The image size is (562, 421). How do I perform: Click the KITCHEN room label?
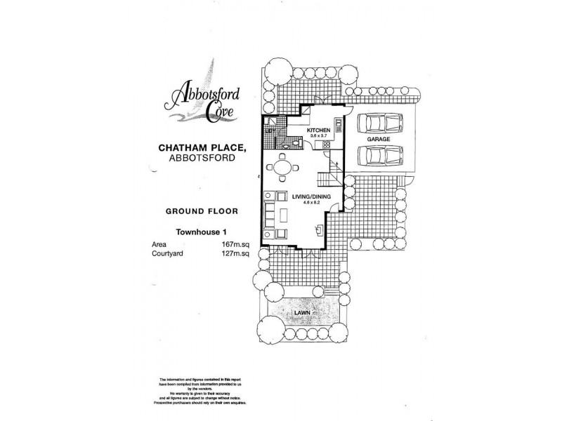point(318,131)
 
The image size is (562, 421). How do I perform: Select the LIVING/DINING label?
point(306,196)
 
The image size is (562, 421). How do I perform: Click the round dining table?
point(281,169)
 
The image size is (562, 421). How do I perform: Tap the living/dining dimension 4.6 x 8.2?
point(306,203)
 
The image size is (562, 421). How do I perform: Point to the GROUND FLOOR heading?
point(195,210)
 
